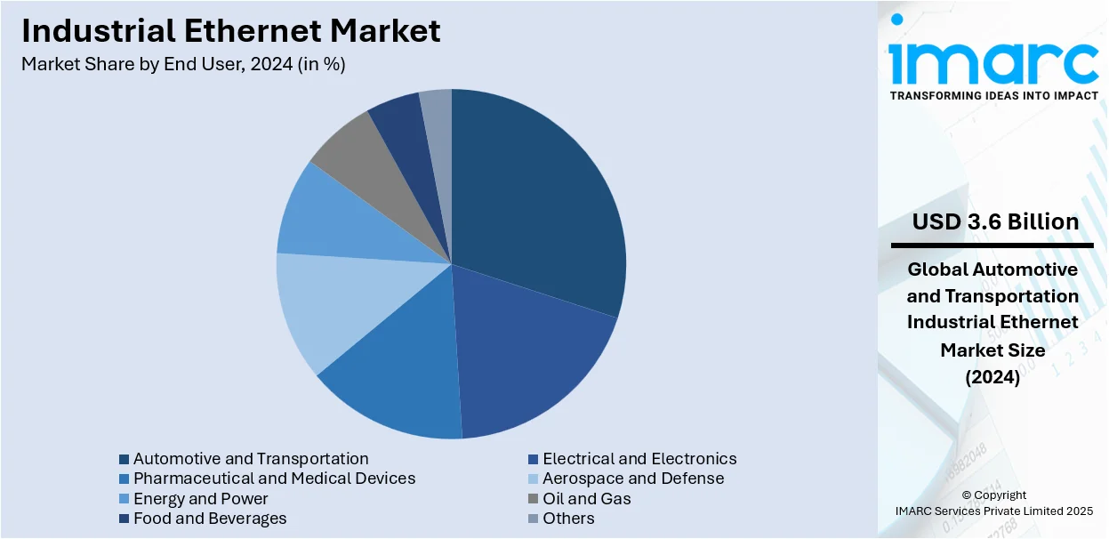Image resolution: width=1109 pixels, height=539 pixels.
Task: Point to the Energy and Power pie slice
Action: (325, 218)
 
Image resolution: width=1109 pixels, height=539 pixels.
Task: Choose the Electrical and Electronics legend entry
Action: (639, 459)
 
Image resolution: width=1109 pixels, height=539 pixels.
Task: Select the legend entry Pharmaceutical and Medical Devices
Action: (274, 479)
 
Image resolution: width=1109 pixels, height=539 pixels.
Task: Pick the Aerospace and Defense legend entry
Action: (633, 479)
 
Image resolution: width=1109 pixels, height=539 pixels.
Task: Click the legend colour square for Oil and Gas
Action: (533, 499)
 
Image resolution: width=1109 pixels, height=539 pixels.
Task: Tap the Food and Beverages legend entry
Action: (210, 519)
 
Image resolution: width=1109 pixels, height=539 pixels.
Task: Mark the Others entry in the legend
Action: (568, 519)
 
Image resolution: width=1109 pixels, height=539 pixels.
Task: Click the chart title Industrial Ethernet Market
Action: (231, 31)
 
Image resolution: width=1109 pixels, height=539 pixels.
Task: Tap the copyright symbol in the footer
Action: (967, 495)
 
